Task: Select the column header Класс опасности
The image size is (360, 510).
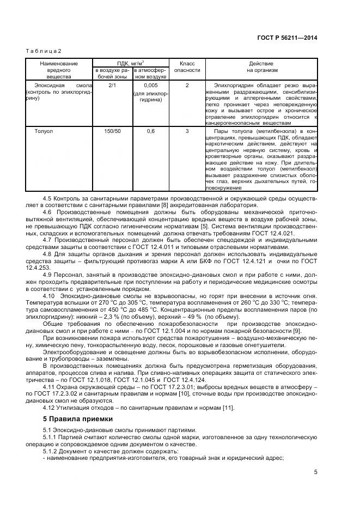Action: (187, 67)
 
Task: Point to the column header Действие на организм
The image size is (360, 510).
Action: (262, 67)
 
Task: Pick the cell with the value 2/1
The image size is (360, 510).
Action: (112, 86)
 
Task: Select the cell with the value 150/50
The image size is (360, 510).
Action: (112, 131)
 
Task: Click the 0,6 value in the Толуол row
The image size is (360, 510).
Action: (150, 131)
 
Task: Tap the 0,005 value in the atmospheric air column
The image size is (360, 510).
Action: (150, 86)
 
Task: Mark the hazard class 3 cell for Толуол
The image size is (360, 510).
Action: (187, 131)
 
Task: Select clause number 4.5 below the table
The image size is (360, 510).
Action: (47, 197)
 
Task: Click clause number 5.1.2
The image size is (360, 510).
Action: (50, 452)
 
